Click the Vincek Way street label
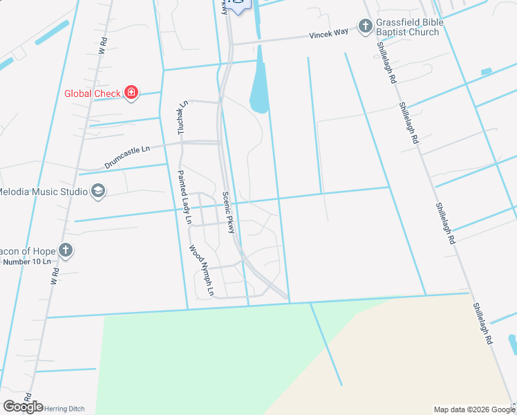[x=328, y=34]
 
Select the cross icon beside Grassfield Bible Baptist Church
[x=364, y=27]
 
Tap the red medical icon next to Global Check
[x=131, y=93]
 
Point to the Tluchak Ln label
[x=182, y=118]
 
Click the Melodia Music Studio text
[x=41, y=191]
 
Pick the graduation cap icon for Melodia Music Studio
[x=97, y=191]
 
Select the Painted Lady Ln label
[x=185, y=197]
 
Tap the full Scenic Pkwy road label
[x=229, y=207]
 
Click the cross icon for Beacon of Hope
[x=65, y=251]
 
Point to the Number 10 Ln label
[x=27, y=262]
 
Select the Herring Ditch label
[x=64, y=409]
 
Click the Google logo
[x=22, y=407]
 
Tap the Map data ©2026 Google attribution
[x=473, y=409]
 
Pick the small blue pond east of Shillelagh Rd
[x=486, y=71]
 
